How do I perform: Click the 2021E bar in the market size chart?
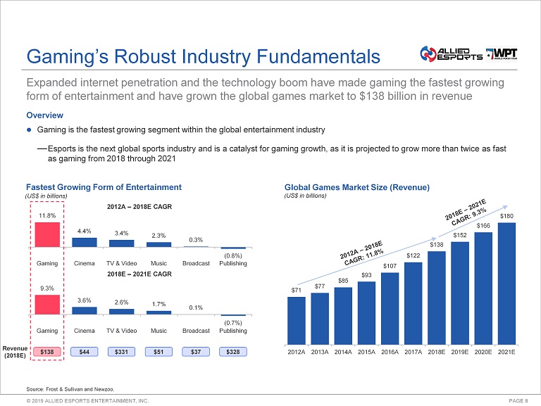506,284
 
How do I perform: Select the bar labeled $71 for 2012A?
297,320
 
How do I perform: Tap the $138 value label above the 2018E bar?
436,243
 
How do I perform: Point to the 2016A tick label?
390,351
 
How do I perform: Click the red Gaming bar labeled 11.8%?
47,234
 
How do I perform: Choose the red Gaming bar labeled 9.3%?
47,304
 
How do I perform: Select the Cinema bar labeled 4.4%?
85,242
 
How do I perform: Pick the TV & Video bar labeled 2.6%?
121,311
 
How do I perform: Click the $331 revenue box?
121,351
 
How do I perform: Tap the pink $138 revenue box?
47,351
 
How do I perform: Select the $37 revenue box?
196,351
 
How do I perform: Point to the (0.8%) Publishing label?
233,256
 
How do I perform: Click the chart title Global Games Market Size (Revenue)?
356,187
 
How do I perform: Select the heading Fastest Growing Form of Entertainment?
104,187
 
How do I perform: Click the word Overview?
44,115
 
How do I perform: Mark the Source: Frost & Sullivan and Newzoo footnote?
69,388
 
